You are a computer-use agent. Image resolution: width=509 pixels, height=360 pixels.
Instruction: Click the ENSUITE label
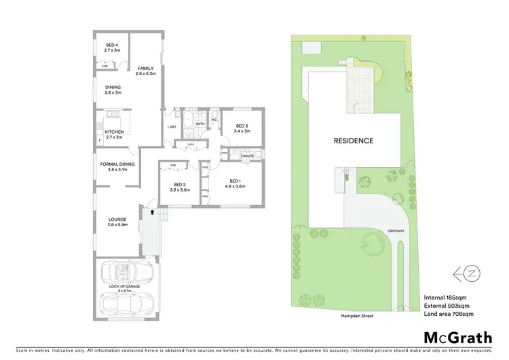click(x=248, y=156)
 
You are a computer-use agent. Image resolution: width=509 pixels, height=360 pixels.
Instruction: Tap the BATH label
click(x=200, y=124)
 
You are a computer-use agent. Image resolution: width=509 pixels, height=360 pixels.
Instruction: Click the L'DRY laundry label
click(x=172, y=127)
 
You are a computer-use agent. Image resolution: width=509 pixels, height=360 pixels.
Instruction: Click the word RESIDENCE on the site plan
click(x=353, y=141)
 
